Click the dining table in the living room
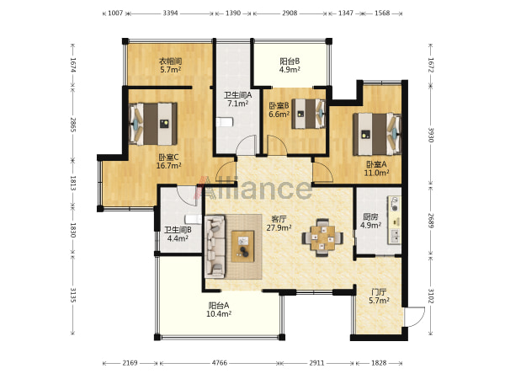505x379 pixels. coord(322,238)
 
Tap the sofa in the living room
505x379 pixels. coord(215,247)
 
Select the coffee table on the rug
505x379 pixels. coord(242,246)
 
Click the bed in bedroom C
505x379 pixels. coord(153,124)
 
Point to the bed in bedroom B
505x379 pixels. coord(309,114)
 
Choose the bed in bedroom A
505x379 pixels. coord(377,134)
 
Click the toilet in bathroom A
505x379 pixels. coord(225,122)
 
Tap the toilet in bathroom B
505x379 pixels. coord(194,219)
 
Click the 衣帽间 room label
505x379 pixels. coord(170,61)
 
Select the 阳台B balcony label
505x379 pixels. coord(290,61)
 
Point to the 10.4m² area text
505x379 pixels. coord(219,314)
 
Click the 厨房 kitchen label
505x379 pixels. coord(370,217)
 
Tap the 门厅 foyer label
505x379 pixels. coord(379,292)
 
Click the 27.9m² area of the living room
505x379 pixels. coord(279,227)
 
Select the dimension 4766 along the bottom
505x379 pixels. coord(220,363)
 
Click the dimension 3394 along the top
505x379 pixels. coord(170,13)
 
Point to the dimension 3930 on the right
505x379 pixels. coord(431,135)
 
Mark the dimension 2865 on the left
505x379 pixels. coord(73,125)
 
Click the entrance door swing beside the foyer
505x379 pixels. coord(415,317)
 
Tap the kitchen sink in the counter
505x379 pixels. coord(396,236)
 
